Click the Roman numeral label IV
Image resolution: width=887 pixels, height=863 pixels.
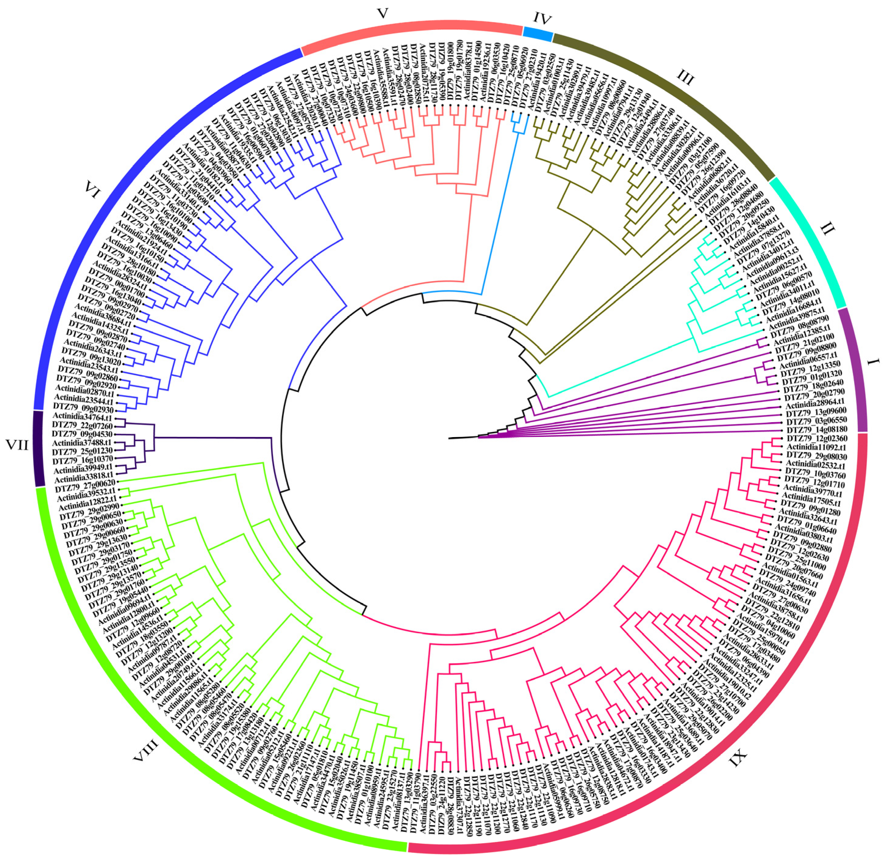pyautogui.click(x=542, y=19)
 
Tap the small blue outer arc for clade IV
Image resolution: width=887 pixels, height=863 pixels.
pyautogui.click(x=538, y=32)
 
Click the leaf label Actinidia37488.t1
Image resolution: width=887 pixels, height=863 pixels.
pyautogui.click(x=82, y=442)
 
